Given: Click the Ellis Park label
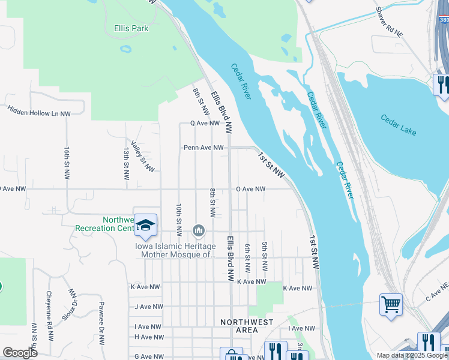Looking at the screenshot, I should coord(131,28).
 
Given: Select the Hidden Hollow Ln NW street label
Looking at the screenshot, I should coord(39,111).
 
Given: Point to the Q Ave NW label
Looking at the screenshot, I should coord(205,123).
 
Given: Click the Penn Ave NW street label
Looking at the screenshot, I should coord(203,147).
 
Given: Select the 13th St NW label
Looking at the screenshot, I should coord(126,164).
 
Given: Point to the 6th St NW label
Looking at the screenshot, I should coord(247,258).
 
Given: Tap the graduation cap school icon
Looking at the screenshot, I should coord(145,225).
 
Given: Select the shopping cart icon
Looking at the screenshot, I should coord(391,304).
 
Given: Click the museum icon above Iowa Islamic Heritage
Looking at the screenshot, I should coord(199,230).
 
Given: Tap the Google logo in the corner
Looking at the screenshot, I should coord(20,352).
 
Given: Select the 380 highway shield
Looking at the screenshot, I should coord(443,19).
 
